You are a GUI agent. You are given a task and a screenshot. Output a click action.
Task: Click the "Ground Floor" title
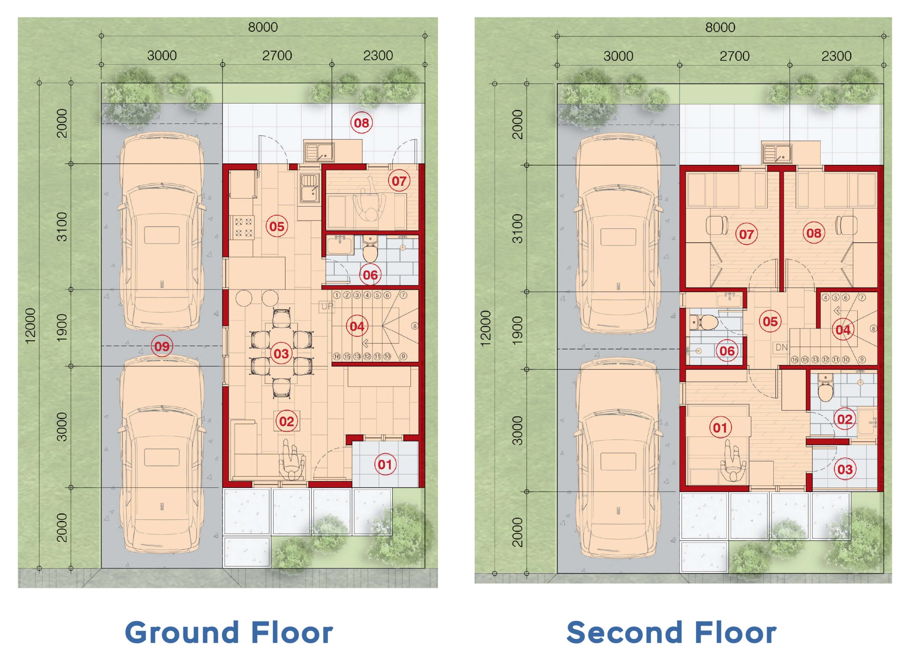pos(229,632)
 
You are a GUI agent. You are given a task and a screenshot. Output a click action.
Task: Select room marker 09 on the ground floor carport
pos(162,347)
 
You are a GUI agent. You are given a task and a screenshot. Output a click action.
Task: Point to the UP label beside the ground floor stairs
pos(327,306)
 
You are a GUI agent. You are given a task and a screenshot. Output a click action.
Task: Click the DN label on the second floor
pos(781,347)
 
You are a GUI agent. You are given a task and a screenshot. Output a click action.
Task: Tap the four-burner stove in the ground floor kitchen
pos(242,228)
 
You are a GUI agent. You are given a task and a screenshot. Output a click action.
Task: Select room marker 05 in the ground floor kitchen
pos(277,226)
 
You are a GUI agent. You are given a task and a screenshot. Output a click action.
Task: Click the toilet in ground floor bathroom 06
pos(370,250)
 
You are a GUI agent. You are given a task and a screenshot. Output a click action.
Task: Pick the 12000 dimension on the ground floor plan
pos(31,326)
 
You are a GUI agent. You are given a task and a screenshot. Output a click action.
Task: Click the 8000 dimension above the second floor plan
pos(720,27)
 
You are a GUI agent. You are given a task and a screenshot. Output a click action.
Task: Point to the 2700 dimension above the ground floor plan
pos(277,55)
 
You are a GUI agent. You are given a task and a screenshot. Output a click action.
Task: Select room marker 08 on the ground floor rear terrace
pos(362,123)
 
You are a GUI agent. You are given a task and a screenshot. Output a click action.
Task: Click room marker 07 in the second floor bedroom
pos(746,234)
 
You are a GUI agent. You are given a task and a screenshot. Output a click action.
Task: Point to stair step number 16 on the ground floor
pos(337,357)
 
